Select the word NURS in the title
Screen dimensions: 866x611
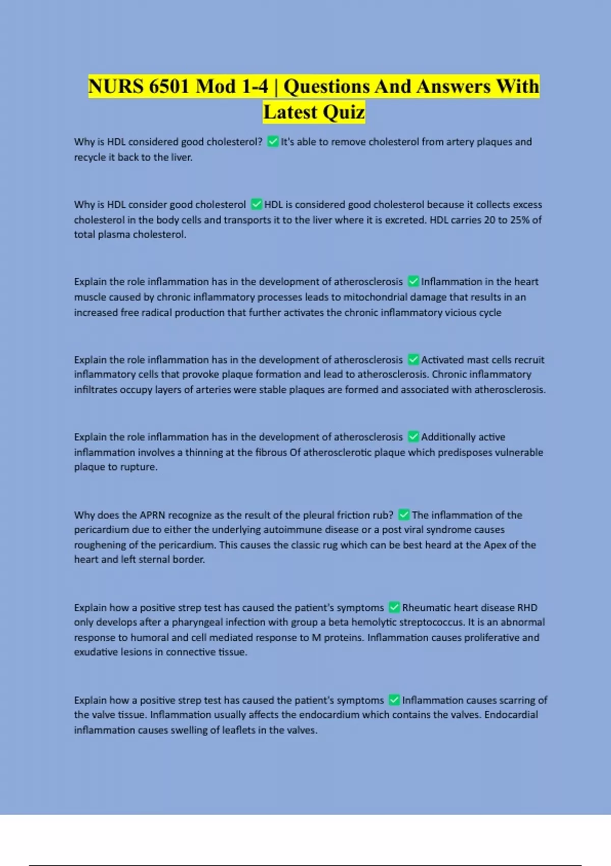116,86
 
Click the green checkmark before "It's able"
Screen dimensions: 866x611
273,142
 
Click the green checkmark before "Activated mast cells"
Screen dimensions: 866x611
413,360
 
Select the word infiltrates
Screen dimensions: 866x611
95,390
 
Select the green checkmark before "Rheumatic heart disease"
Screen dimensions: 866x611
394,608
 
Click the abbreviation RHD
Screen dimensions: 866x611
527,608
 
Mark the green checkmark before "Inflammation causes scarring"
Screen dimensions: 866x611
394,700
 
